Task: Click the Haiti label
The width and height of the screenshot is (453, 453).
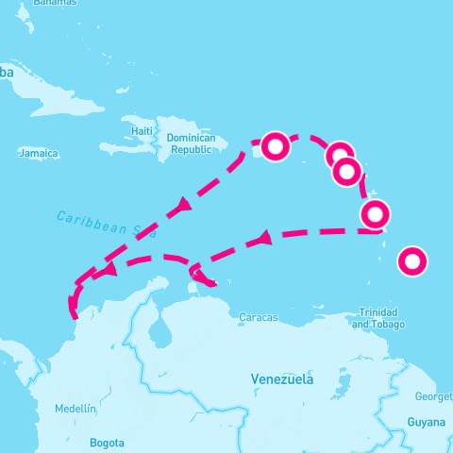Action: click(143, 130)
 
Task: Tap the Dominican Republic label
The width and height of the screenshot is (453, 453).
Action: click(192, 143)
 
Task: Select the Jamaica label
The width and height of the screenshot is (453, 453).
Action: click(39, 153)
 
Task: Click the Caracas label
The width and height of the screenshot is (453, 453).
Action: click(259, 318)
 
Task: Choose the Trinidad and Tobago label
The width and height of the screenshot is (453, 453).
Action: click(378, 319)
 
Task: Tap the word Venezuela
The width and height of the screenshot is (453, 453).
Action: click(282, 379)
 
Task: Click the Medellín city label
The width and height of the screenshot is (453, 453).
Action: click(75, 409)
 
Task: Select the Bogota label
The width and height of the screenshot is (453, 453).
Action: click(107, 442)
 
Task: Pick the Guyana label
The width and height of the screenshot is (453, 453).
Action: click(426, 422)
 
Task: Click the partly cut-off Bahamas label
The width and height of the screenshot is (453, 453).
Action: click(46, 3)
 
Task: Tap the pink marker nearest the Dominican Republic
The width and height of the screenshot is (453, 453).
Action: click(275, 147)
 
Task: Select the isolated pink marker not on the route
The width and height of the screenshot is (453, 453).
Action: click(411, 261)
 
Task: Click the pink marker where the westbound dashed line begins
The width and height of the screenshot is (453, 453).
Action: click(375, 216)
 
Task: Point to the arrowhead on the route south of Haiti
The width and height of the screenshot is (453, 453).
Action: click(183, 205)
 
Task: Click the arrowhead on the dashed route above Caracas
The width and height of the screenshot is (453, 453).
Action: click(264, 239)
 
